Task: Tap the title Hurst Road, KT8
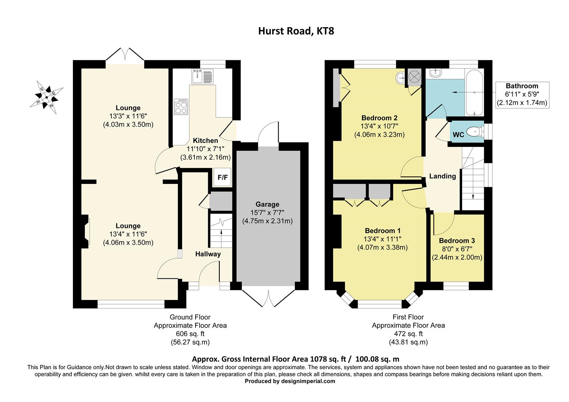296,31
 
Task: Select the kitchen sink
201,77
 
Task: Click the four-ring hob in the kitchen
181,108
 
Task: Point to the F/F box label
223,178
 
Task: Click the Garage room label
267,204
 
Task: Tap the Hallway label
208,254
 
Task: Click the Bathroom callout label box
522,95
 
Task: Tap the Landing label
442,176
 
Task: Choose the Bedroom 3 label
457,241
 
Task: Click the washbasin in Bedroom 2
400,78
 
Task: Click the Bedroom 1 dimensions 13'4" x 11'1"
382,239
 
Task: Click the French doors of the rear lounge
125,56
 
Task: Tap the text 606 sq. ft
190,334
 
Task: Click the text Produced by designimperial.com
290,381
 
